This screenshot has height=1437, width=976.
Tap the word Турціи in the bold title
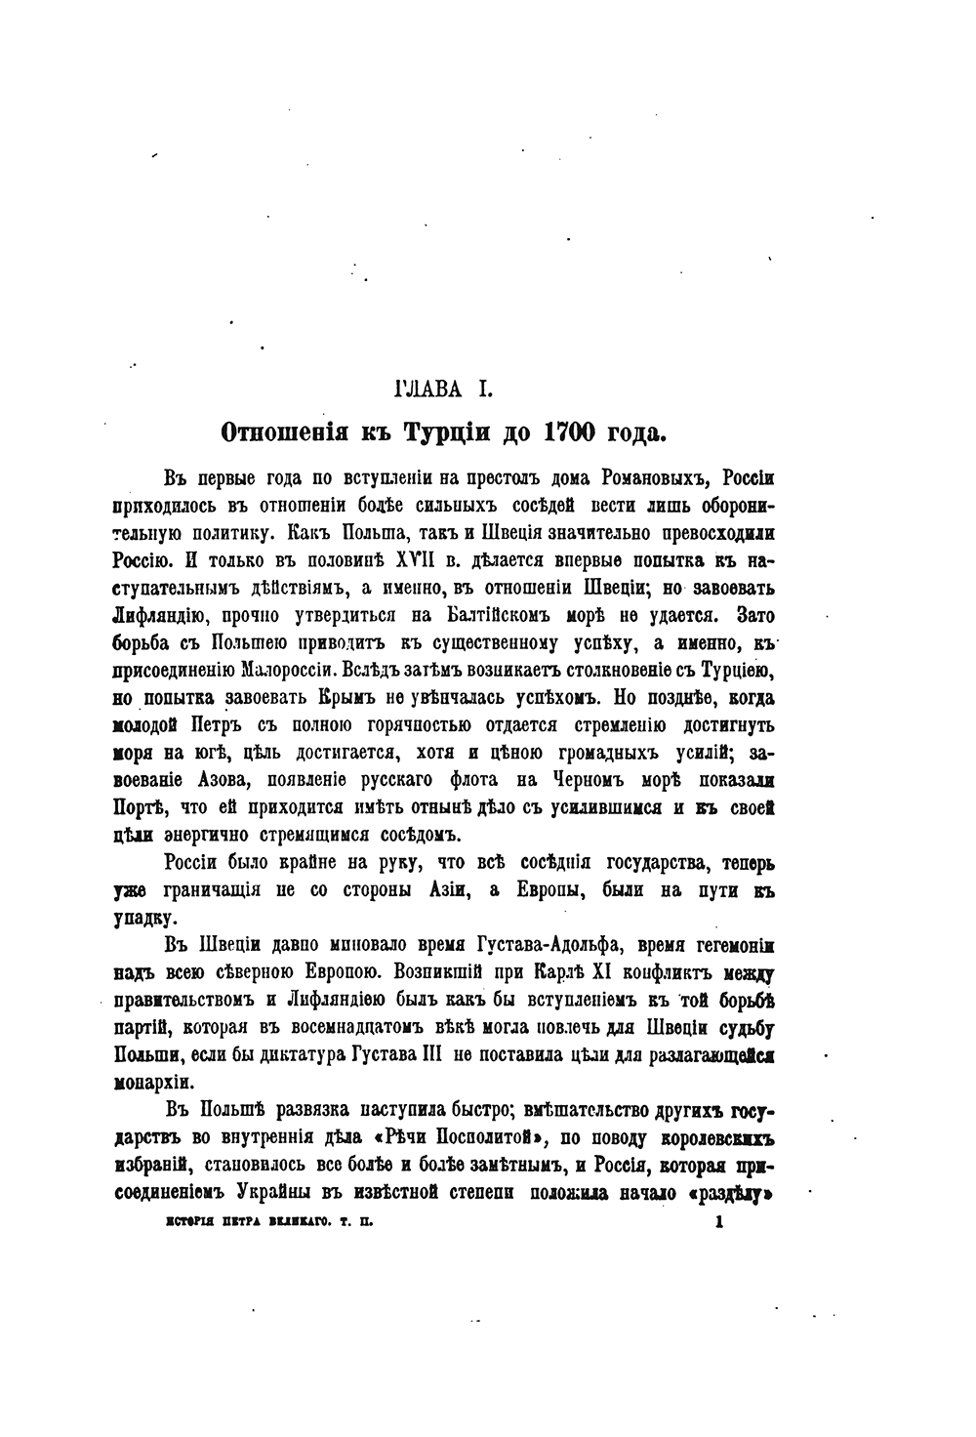click(448, 431)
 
